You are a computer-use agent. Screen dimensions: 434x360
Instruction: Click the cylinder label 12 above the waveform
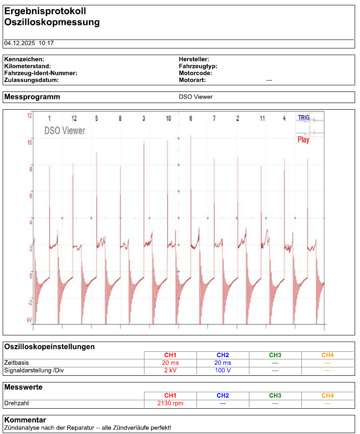(74, 118)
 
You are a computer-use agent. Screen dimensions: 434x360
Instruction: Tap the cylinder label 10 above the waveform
(168, 118)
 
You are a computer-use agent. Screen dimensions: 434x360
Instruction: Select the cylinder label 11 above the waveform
(262, 118)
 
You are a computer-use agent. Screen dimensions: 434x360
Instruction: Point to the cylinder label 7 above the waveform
(214, 118)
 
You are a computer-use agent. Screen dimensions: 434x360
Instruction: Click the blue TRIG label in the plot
(304, 118)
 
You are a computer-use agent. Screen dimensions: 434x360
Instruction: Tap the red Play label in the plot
(303, 140)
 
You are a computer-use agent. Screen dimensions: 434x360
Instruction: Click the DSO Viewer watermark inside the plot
(65, 131)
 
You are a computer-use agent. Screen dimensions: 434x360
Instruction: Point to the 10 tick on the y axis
(30, 143)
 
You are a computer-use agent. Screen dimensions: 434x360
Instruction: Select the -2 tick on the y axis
(30, 303)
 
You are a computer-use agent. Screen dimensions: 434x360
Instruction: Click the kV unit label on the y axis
(29, 320)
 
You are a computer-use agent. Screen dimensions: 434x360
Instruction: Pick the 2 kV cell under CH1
(170, 370)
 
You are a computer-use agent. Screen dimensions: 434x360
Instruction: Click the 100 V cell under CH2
(223, 370)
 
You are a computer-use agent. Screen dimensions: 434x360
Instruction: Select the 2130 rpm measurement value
(170, 403)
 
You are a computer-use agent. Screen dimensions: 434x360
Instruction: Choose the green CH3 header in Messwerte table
(275, 395)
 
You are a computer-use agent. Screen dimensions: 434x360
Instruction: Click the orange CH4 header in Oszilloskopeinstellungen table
(328, 355)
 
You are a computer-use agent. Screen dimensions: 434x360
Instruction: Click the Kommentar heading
(25, 420)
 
